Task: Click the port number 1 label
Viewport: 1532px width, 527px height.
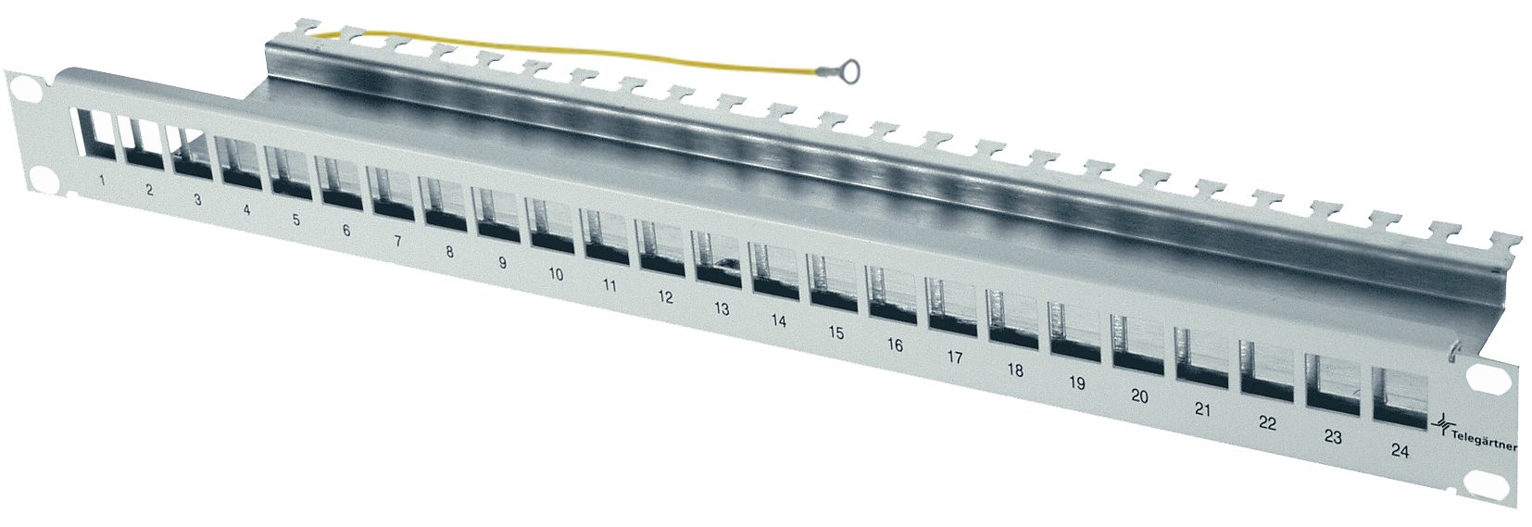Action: pos(100,180)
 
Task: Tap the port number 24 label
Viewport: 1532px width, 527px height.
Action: pos(1400,451)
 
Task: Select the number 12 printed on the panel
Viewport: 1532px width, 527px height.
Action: pos(665,297)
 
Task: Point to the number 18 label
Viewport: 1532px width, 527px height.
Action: pos(1014,370)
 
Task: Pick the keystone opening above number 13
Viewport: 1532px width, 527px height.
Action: pos(716,257)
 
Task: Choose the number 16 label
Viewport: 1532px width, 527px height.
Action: pos(895,345)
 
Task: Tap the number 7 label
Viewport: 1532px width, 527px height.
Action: pos(397,241)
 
